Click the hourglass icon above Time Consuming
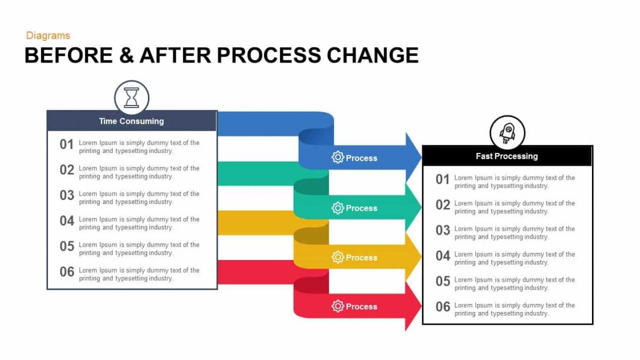point(131,97)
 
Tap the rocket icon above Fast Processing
point(507,133)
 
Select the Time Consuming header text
point(131,121)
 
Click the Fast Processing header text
point(507,156)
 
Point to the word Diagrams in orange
point(48,35)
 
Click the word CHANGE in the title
point(372,55)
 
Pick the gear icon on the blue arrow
point(337,158)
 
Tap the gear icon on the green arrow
point(337,208)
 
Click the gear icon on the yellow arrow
point(337,257)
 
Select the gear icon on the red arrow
point(337,306)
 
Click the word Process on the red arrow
point(361,306)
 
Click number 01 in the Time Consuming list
point(67,144)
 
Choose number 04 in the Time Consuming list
point(67,221)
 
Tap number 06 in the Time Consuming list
point(67,272)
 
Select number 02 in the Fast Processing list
point(442,204)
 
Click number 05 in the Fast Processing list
point(442,281)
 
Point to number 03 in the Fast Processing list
point(442,230)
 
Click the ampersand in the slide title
point(126,55)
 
